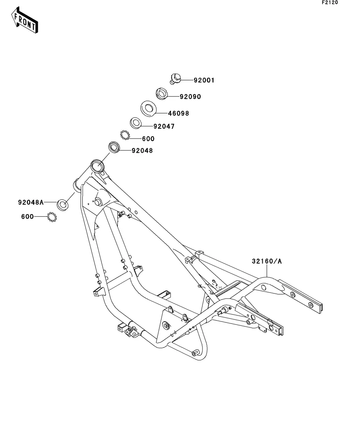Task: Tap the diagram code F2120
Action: tap(330, 2)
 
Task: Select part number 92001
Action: tap(204, 80)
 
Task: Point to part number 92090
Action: tap(190, 96)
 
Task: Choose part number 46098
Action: tap(178, 113)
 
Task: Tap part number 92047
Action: tap(164, 127)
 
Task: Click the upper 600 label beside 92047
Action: tap(148, 139)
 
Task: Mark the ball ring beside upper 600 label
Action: tap(125, 135)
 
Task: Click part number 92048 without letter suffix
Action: tap(142, 150)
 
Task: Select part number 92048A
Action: tap(30, 202)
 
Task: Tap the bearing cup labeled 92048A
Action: tap(62, 204)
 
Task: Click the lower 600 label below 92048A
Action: tap(27, 216)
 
